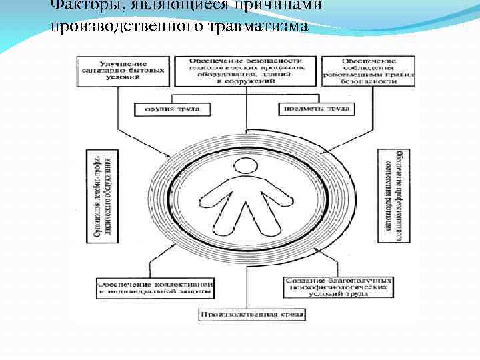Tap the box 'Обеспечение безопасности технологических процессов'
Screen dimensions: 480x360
[245, 71]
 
